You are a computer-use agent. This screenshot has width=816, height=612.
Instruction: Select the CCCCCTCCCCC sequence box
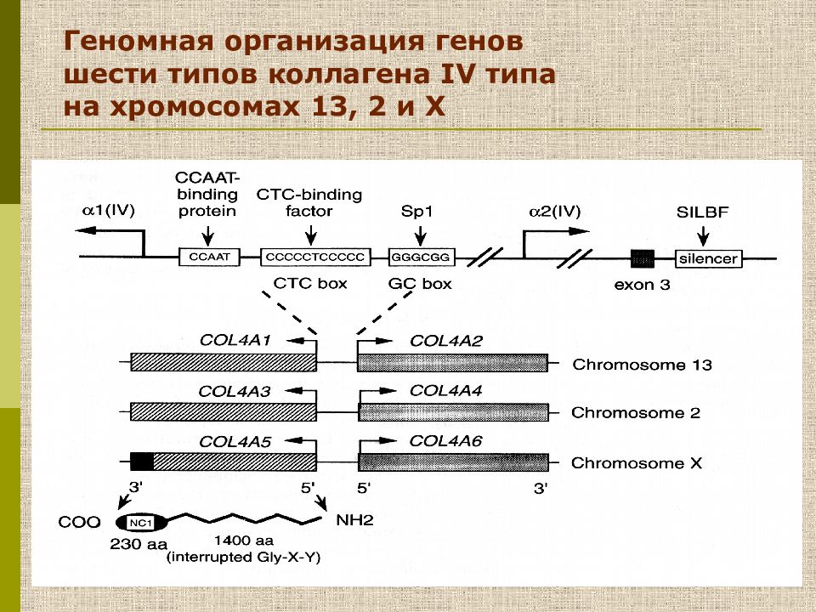[x=314, y=256]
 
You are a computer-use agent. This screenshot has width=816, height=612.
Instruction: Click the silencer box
[x=707, y=258]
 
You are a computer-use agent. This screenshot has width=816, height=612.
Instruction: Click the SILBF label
[x=702, y=212]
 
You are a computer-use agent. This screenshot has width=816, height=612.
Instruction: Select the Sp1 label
[x=416, y=212]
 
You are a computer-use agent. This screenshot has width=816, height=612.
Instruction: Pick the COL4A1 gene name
[x=235, y=341]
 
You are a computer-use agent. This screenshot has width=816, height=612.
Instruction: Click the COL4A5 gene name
[x=235, y=441]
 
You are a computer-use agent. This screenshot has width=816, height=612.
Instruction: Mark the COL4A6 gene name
[x=445, y=440]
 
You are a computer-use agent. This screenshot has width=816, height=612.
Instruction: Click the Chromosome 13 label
[x=642, y=365]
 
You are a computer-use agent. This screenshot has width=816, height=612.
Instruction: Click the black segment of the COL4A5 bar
[x=142, y=462]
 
